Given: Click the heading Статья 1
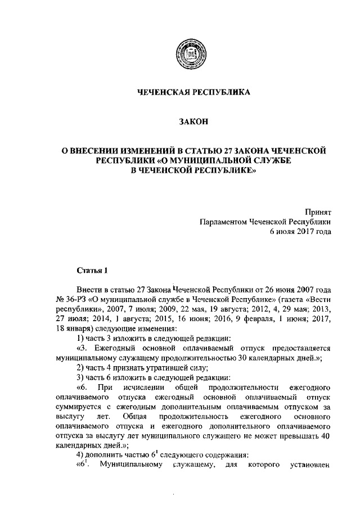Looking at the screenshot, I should point(92,271).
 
